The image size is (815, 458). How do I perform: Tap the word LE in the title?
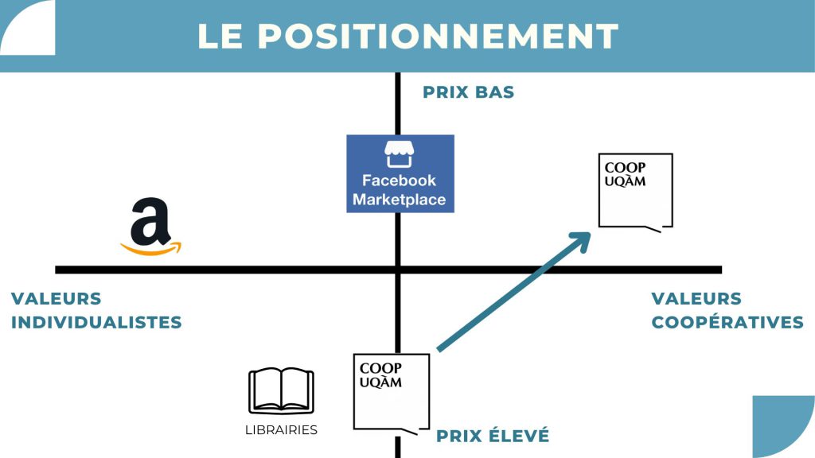click(221, 37)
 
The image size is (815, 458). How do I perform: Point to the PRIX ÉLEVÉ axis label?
click(492, 436)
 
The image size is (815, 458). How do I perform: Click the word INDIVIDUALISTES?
click(96, 323)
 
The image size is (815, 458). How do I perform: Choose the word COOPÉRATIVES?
click(727, 323)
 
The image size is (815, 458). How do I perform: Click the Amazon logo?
click(150, 227)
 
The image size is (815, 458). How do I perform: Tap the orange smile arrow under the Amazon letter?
click(151, 249)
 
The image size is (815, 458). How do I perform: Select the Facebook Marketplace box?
click(400, 173)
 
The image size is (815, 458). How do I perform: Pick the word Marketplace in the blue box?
click(400, 200)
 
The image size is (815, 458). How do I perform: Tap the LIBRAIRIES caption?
click(281, 430)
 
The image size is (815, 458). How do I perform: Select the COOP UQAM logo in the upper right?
click(635, 191)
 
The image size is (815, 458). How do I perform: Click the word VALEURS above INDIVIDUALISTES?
click(57, 299)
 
